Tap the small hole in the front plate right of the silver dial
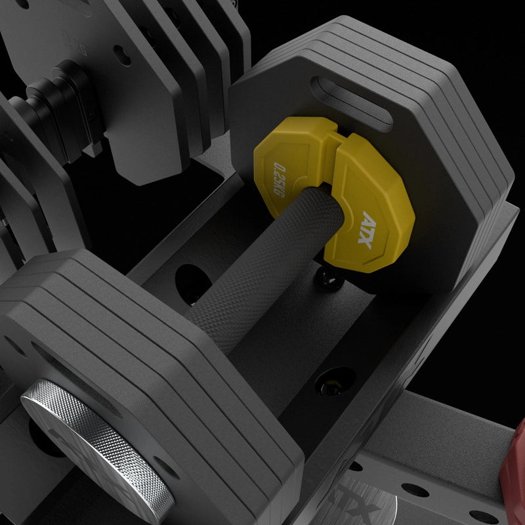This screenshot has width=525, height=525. point(165,469)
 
